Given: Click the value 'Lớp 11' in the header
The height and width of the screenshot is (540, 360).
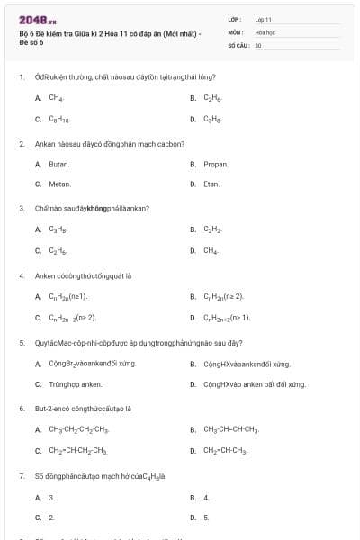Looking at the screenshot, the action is click(x=263, y=19).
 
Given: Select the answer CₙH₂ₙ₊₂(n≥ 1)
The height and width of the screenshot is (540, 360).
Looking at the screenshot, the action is click(x=227, y=318).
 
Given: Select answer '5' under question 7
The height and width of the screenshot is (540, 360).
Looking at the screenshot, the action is click(x=206, y=517).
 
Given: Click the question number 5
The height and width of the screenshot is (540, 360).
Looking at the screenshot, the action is click(x=22, y=343).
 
